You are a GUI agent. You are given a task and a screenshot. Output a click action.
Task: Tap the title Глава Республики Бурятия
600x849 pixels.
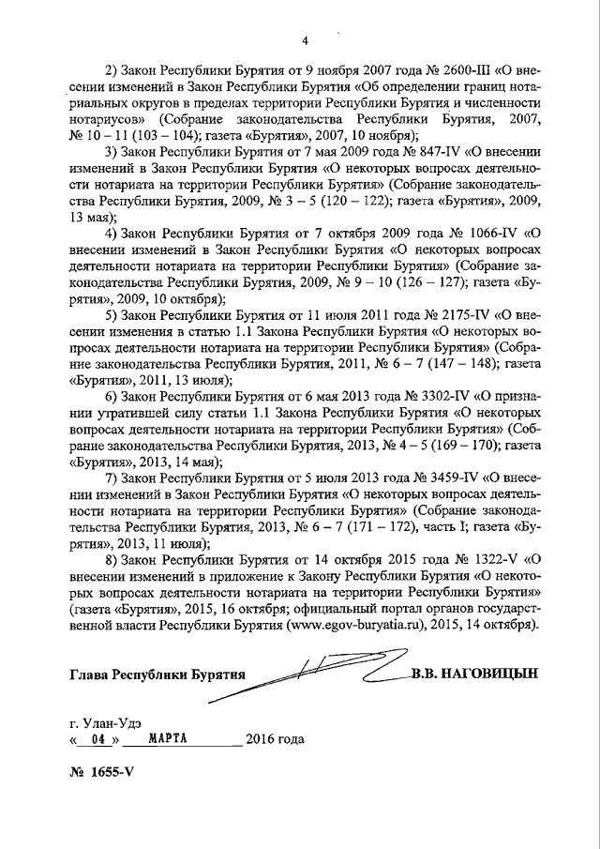click(x=156, y=675)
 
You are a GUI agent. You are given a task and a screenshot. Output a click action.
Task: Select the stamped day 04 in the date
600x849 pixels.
click(x=92, y=739)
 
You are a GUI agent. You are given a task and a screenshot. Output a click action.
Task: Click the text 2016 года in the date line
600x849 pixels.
click(x=275, y=739)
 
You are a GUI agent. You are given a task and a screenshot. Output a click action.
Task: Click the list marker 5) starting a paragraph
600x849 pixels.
click(x=111, y=313)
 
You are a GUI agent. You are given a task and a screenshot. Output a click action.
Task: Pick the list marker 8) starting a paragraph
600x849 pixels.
click(x=111, y=558)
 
